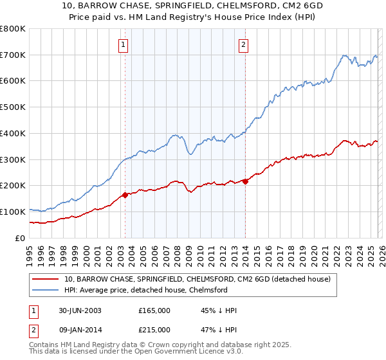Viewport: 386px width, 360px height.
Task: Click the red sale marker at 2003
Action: [125, 194]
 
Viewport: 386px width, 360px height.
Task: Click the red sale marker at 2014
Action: [245, 181]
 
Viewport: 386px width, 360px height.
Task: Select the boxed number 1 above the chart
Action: [123, 44]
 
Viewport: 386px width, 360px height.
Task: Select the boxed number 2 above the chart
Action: [244, 44]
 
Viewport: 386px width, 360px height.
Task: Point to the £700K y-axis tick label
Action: [13, 55]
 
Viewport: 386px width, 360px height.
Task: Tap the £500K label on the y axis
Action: [13, 107]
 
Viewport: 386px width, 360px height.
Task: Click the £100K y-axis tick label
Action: [13, 212]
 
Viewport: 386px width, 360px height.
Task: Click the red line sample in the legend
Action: [46, 280]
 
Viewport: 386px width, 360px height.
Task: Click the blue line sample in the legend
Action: [46, 291]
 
